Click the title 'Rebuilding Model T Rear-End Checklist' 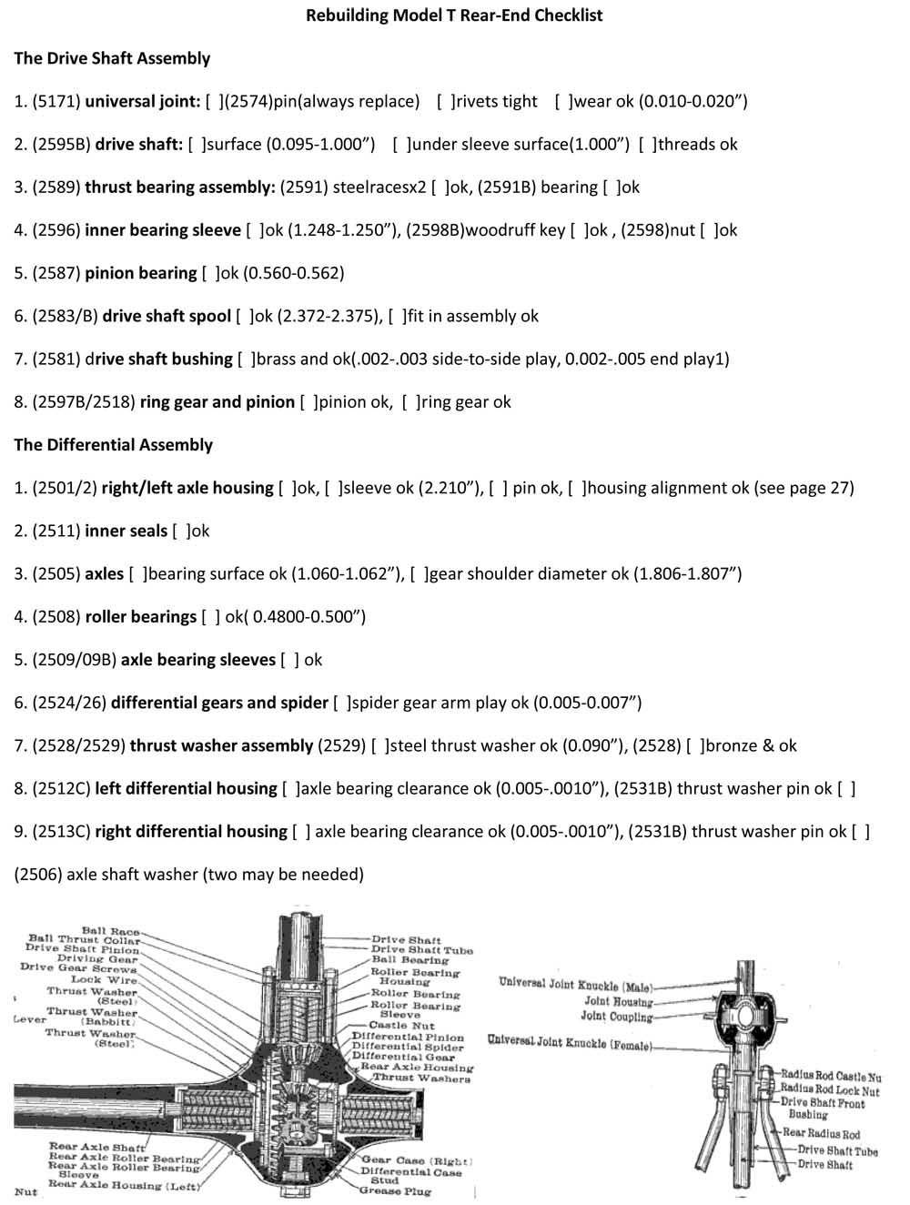(x=454, y=15)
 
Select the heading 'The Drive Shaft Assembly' (x=112, y=58)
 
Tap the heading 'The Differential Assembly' (x=113, y=445)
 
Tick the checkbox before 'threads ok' (x=646, y=144)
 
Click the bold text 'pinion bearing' (x=140, y=273)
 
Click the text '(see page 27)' (x=804, y=488)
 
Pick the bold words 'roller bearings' (x=140, y=617)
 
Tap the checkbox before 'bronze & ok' (x=694, y=745)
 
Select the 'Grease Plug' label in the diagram (x=394, y=1190)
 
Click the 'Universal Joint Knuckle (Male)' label (x=575, y=985)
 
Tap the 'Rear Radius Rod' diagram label (x=821, y=1134)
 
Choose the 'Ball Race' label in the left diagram (x=110, y=931)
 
